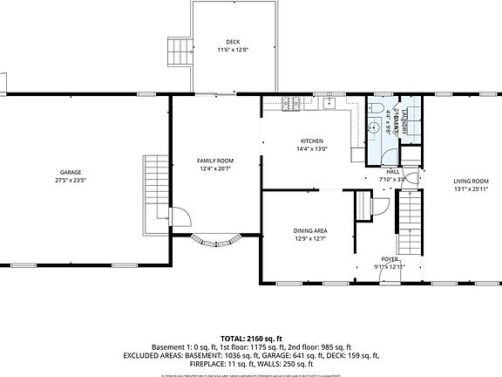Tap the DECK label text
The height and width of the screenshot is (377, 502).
(x=233, y=42)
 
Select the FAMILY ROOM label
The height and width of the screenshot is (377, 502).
(x=215, y=161)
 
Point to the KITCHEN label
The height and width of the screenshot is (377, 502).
(x=312, y=141)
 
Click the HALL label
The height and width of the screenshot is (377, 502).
(x=393, y=172)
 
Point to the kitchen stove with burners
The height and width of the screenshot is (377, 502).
(x=294, y=105)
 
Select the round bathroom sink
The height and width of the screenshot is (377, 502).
(x=385, y=121)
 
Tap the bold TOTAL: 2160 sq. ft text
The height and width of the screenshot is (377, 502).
(x=250, y=337)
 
